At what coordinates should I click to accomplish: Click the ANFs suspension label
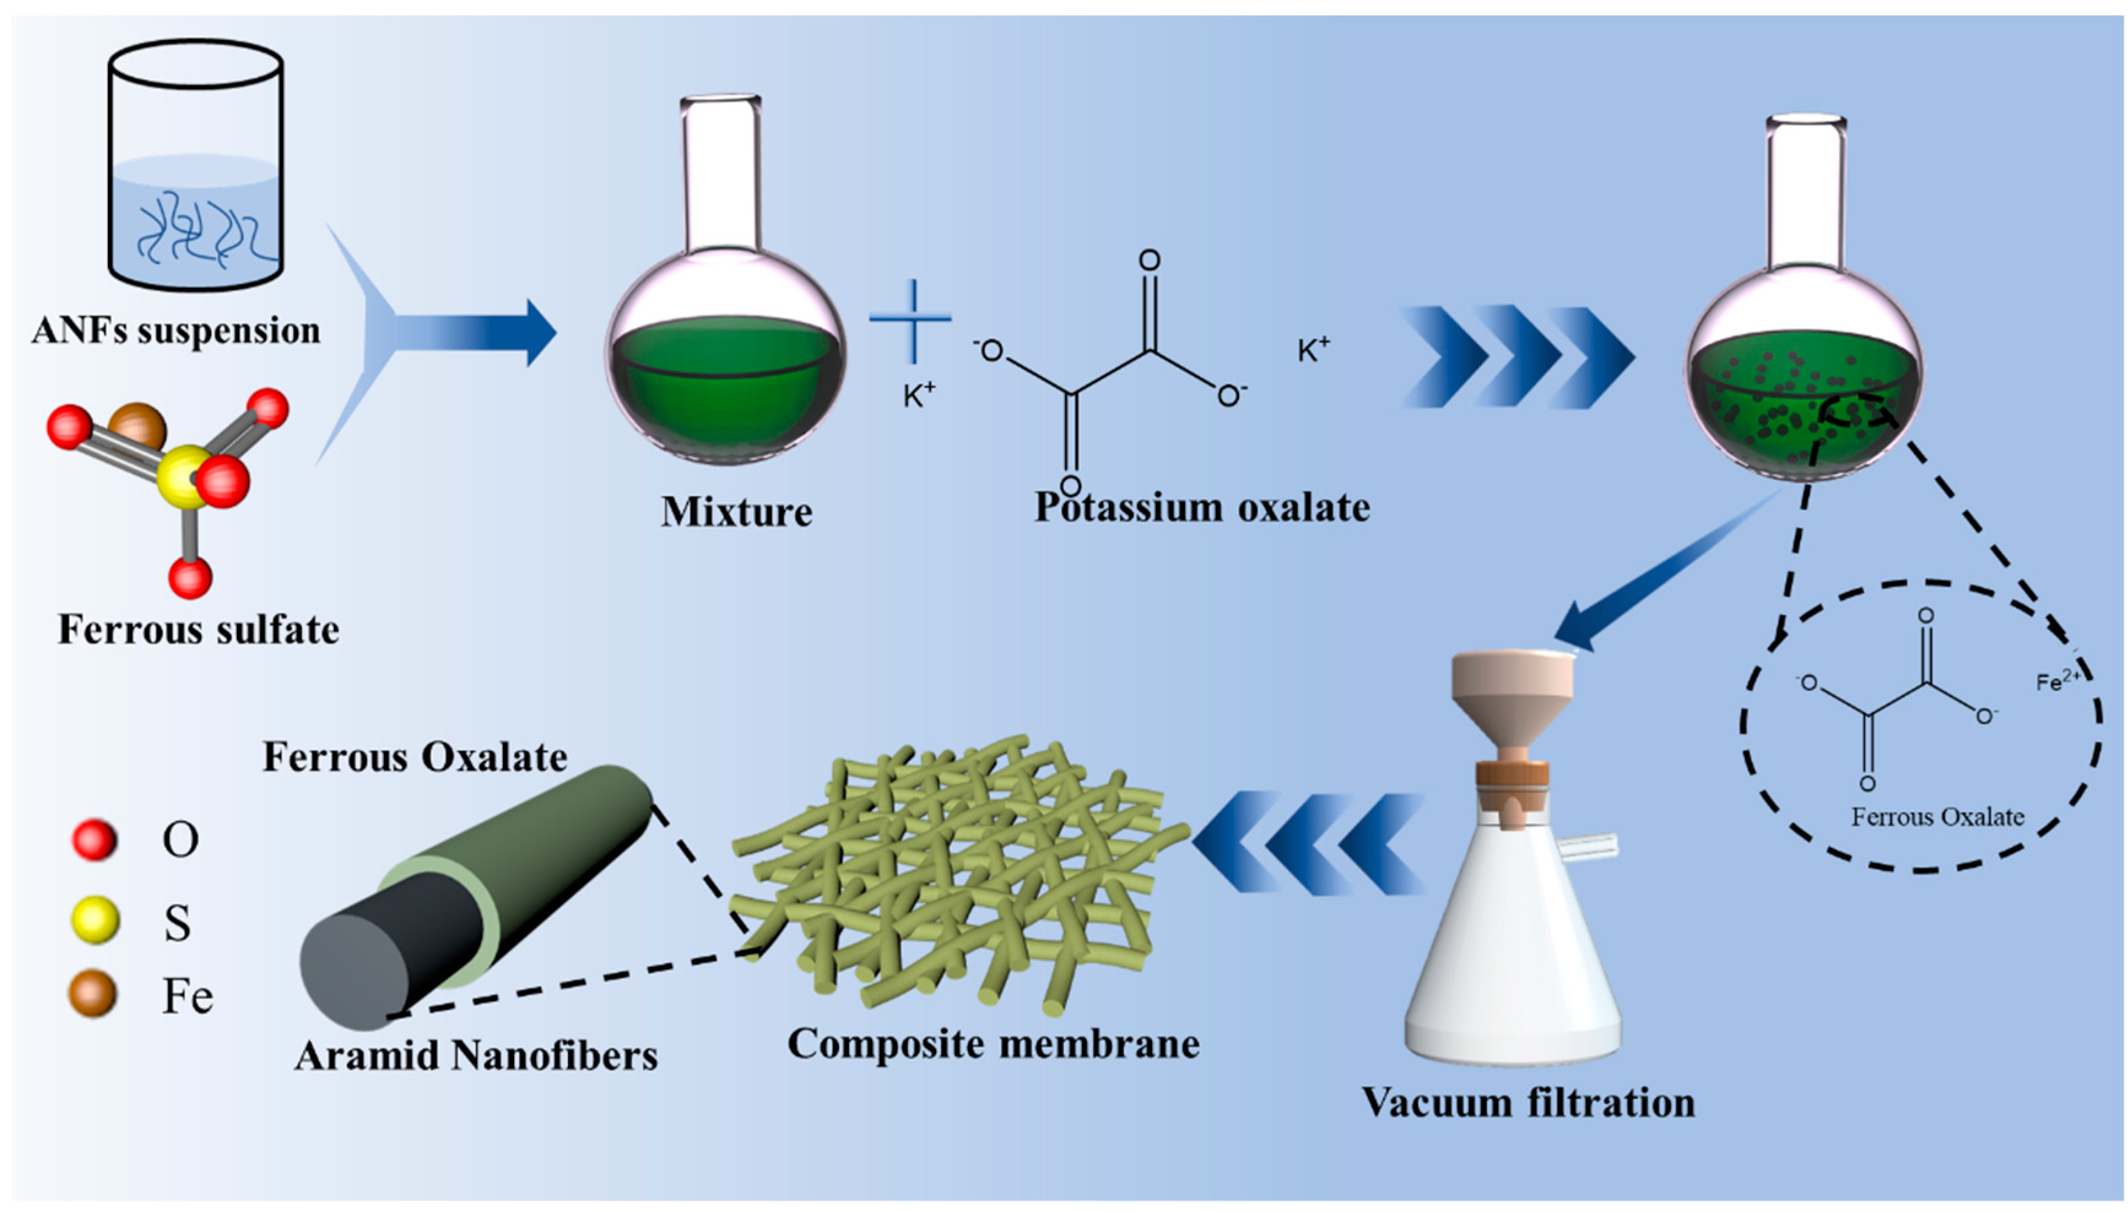(x=175, y=330)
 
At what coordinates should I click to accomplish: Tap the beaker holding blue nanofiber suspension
(x=196, y=167)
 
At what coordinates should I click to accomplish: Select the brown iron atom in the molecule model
(x=138, y=426)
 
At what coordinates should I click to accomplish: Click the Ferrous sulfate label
(x=198, y=630)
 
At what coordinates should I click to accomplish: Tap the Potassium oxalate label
(x=1202, y=507)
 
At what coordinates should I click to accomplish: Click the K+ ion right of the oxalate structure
(x=1313, y=351)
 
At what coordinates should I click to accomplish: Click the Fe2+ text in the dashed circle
(x=2057, y=681)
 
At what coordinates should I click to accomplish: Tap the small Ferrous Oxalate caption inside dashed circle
(x=1937, y=817)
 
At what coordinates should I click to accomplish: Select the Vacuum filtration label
(x=1528, y=1103)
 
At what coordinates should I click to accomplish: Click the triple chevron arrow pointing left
(x=1308, y=843)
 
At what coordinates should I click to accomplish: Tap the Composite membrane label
(x=994, y=1043)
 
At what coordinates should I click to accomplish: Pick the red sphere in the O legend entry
(x=94, y=839)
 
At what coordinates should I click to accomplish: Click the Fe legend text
(x=187, y=996)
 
